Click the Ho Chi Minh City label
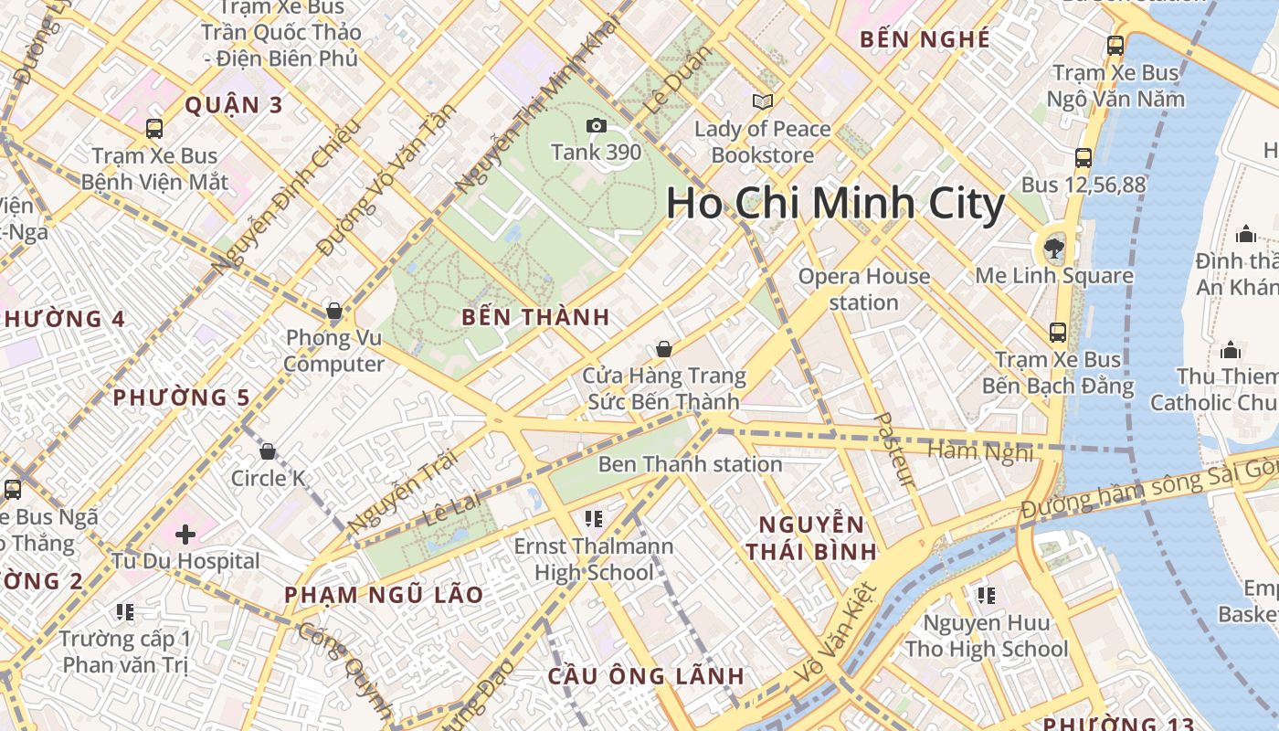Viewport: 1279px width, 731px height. click(x=835, y=203)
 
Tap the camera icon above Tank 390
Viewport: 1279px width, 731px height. click(x=597, y=125)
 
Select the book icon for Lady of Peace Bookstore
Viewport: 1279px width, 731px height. click(x=762, y=101)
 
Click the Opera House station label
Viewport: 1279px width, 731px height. click(x=863, y=289)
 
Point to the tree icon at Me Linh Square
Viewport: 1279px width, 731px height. click(x=1054, y=248)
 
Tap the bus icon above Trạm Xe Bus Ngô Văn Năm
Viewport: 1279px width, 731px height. click(x=1115, y=45)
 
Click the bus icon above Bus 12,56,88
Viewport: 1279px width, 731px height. click(x=1083, y=158)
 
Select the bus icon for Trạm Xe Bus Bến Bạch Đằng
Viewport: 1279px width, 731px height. click(x=1058, y=333)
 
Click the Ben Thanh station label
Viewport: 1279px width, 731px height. click(x=690, y=464)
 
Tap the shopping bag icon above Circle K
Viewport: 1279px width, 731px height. click(x=268, y=451)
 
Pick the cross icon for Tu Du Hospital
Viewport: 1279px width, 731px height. click(x=185, y=534)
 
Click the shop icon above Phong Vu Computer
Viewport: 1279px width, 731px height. click(x=334, y=312)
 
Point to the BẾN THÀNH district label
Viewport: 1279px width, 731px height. click(x=535, y=317)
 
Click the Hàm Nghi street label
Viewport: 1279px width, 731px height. click(x=980, y=450)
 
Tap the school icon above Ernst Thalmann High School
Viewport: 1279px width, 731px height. click(x=594, y=520)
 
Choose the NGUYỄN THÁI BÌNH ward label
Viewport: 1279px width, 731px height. click(x=811, y=537)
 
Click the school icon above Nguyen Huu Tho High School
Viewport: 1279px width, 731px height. click(x=986, y=596)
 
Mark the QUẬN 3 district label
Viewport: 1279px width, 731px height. click(x=234, y=105)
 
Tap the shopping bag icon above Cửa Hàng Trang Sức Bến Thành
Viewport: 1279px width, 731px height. click(x=664, y=349)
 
